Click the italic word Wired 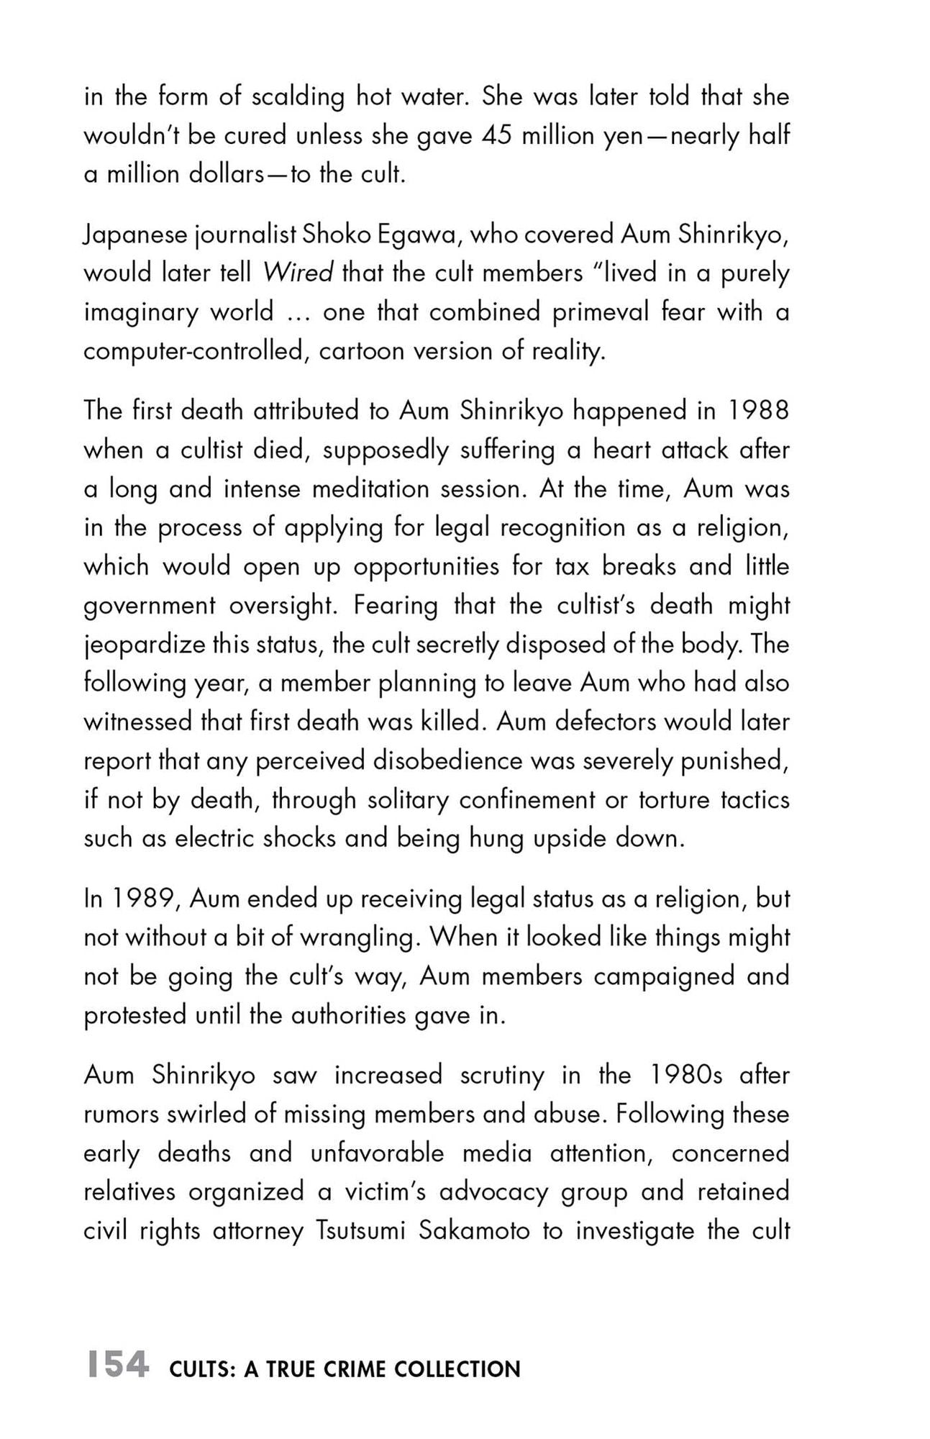point(298,273)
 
